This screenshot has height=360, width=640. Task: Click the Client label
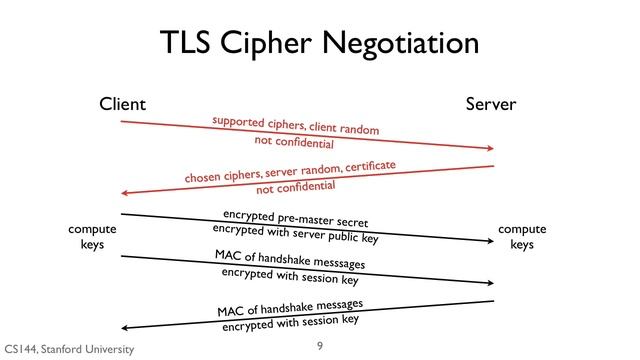click(122, 103)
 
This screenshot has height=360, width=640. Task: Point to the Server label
click(490, 103)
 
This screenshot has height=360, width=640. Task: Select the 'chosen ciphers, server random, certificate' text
click(290, 171)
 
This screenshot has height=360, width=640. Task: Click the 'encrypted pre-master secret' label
click(295, 217)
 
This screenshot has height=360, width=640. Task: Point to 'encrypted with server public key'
click(295, 234)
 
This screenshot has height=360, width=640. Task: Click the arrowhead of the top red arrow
click(489, 149)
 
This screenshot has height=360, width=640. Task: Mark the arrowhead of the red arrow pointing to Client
click(125, 193)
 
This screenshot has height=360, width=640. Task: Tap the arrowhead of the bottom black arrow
click(125, 327)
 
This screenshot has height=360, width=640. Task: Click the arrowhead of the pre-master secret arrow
click(489, 240)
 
